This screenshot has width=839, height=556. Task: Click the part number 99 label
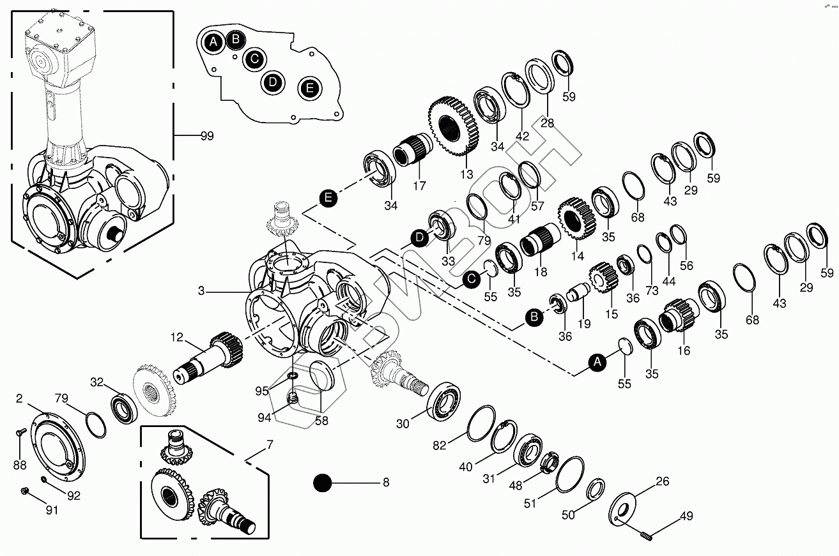[206, 136]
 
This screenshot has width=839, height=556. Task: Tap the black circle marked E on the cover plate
[309, 88]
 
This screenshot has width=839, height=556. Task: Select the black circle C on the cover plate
[254, 59]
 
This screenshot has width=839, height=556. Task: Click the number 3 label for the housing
[201, 291]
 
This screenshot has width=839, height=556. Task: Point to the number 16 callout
[684, 350]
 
